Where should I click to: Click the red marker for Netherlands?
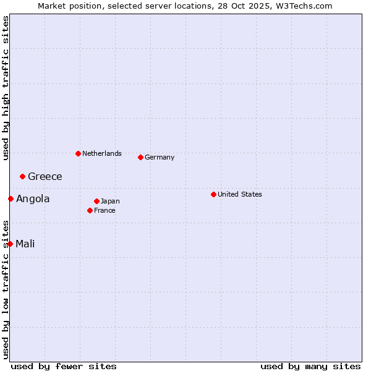(78, 153)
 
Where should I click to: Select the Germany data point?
(140, 157)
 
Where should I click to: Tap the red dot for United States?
(213, 194)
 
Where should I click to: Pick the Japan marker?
(96, 201)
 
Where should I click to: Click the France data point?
(90, 210)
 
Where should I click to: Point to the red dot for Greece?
(22, 176)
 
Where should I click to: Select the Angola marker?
(11, 198)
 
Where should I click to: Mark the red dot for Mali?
(10, 244)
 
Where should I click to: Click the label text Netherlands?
(102, 153)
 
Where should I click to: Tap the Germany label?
(160, 157)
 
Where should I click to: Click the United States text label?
(240, 194)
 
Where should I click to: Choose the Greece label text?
(45, 176)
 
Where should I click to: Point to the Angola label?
(33, 198)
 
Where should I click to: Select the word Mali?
(25, 244)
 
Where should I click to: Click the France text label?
(105, 210)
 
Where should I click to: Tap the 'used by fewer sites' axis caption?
(64, 366)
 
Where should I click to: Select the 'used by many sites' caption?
(310, 366)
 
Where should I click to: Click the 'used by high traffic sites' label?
(6, 88)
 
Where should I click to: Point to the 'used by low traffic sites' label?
(6, 289)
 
